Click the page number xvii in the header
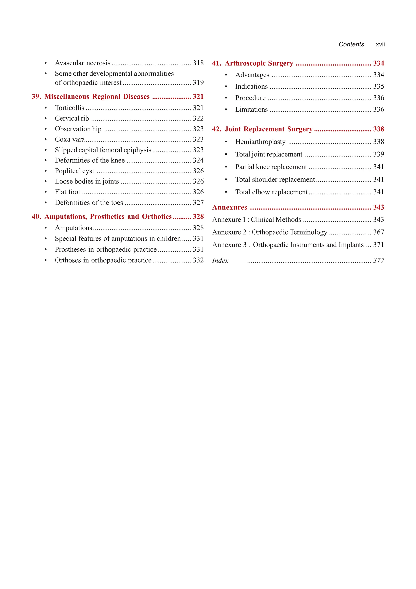point(380,44)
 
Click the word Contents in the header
point(351,44)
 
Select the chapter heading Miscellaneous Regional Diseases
point(97,97)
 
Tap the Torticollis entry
point(69,108)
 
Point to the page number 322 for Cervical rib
point(198,118)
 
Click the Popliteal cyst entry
point(74,171)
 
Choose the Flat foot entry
point(67,192)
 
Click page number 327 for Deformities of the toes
point(198,203)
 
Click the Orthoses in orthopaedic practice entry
point(103,260)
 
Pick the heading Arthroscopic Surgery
point(259,63)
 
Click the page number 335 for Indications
point(379,86)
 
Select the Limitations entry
point(251,110)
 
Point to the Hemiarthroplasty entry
point(260,142)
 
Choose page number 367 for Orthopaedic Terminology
point(379,232)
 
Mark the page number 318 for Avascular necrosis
point(198,63)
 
